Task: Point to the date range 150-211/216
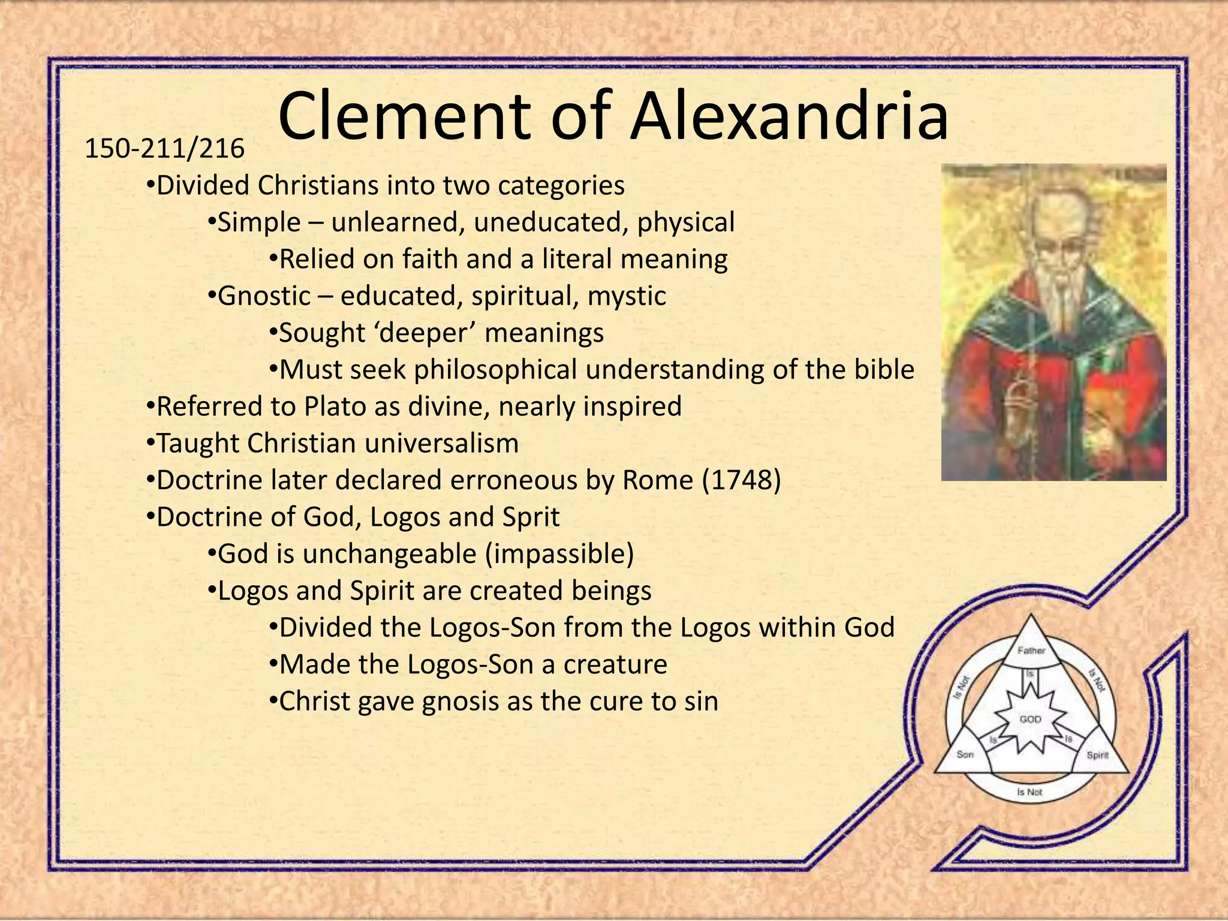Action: (164, 149)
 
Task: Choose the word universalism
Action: (442, 444)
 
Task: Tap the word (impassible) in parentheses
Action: (559, 554)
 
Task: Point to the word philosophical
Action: (495, 370)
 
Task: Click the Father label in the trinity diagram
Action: (1031, 651)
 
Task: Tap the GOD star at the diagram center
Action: (1030, 719)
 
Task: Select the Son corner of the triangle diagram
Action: (965, 754)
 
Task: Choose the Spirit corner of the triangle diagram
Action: (1097, 755)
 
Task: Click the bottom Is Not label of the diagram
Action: (1030, 792)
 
